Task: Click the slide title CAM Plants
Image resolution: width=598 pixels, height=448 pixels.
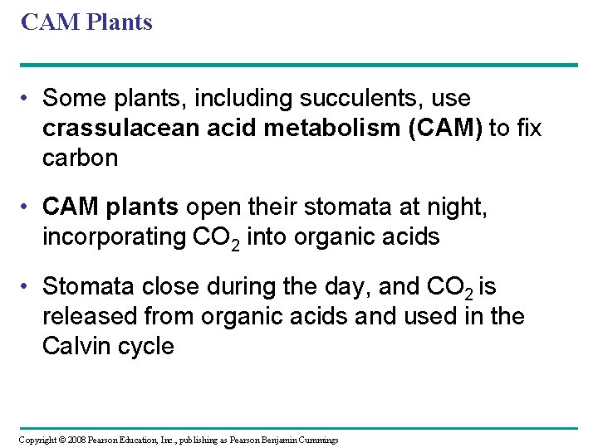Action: (86, 22)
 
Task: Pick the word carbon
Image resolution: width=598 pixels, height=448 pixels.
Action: (80, 158)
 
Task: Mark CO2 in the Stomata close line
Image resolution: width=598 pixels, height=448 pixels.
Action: (448, 287)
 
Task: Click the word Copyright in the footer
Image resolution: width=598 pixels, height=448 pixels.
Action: (37, 440)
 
